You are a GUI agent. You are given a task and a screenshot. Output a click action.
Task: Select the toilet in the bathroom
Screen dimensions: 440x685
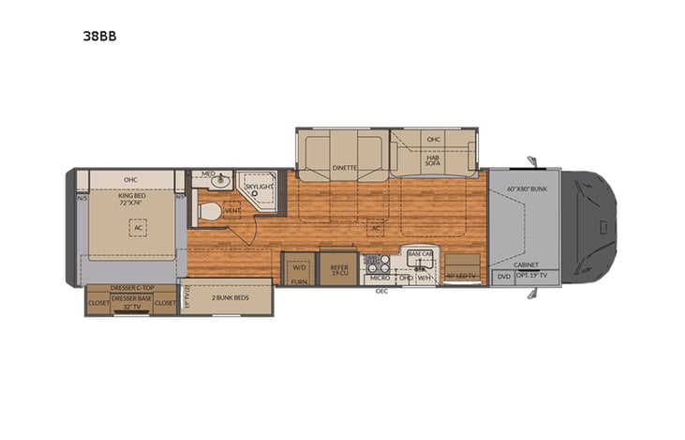tap(209, 213)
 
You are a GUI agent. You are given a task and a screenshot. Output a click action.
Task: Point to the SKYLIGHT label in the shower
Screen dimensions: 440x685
tap(258, 188)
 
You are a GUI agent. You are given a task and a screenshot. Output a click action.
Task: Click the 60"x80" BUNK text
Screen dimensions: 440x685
tap(525, 190)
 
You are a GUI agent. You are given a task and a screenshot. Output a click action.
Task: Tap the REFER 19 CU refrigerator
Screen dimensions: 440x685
tap(338, 269)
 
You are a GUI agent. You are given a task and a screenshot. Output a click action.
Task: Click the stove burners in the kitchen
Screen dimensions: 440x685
tap(376, 264)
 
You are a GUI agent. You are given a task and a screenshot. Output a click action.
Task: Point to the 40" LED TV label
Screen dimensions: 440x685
tap(462, 276)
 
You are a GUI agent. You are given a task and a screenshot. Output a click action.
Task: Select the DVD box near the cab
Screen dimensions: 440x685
tap(504, 277)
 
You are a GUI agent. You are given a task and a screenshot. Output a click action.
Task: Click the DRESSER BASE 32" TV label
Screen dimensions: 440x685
tap(131, 302)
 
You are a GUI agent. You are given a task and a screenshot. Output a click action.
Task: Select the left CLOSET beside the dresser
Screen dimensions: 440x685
tap(97, 303)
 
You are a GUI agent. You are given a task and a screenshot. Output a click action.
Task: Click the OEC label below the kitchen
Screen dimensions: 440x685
tap(381, 291)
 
